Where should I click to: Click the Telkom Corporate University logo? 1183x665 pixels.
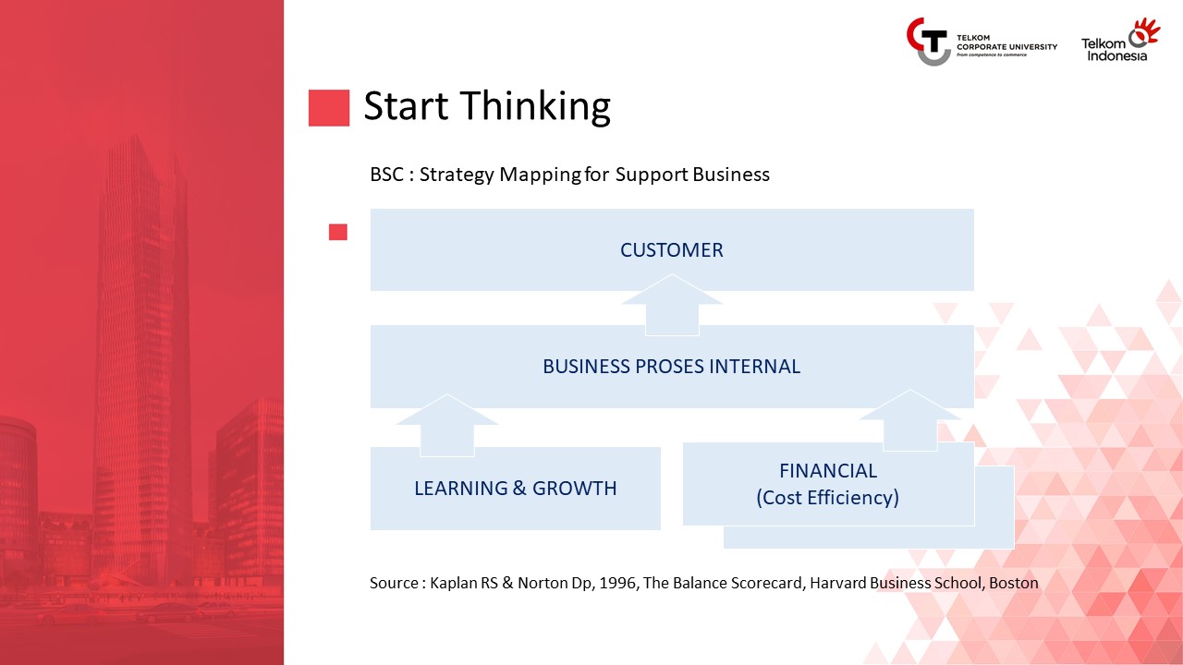(x=982, y=42)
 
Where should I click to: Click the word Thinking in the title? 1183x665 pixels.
(x=534, y=106)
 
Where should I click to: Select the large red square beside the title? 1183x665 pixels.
(x=328, y=108)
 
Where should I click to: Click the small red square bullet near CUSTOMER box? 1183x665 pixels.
(x=338, y=232)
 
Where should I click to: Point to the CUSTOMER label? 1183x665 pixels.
(x=671, y=250)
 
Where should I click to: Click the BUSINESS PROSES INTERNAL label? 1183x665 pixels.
(x=671, y=367)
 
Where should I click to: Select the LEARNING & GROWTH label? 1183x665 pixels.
(x=515, y=489)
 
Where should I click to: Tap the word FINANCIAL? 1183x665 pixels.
(x=828, y=471)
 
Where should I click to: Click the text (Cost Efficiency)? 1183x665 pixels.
(x=827, y=497)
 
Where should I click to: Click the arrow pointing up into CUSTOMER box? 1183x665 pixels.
(x=672, y=305)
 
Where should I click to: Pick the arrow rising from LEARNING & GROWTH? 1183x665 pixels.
(x=447, y=426)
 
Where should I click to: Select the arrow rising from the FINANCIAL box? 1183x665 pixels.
(x=910, y=420)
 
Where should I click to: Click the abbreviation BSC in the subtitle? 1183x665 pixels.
(x=386, y=175)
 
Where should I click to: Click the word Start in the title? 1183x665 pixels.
(x=406, y=106)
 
